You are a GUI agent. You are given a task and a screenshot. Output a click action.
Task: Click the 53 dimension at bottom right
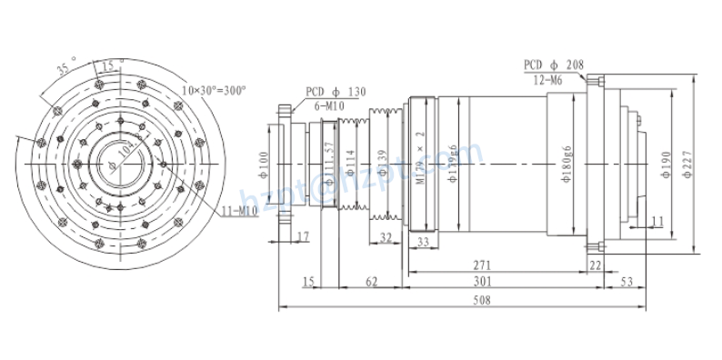[626, 282]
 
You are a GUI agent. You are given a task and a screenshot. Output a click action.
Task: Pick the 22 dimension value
[596, 264]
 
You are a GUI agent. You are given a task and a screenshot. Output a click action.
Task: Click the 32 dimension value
[386, 237]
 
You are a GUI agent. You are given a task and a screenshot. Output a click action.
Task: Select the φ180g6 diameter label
[566, 165]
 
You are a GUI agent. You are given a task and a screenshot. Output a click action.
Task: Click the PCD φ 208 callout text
[554, 65]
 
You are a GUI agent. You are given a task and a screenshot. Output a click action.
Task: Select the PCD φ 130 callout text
[336, 91]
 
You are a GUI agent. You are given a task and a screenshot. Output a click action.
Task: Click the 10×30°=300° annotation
[214, 91]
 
